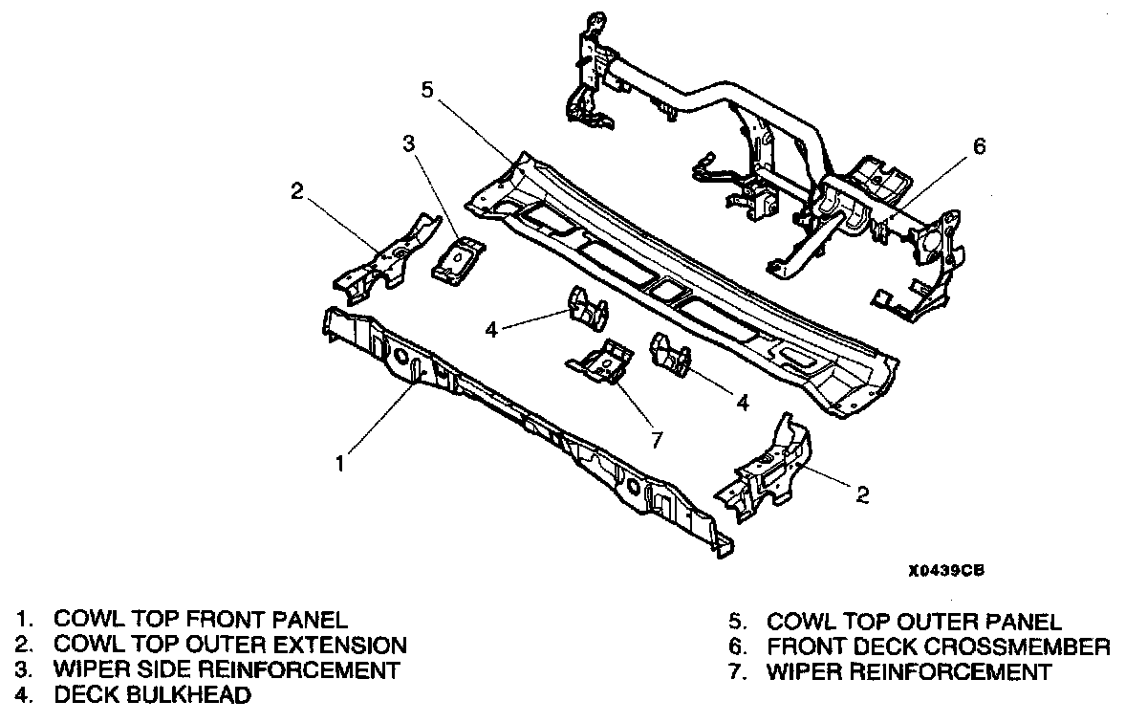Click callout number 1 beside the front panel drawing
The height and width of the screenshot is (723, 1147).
[x=338, y=464]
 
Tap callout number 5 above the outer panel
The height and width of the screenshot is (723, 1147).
[x=427, y=90]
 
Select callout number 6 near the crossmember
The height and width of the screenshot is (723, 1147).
[x=978, y=146]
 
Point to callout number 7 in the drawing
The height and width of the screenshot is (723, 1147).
[x=656, y=438]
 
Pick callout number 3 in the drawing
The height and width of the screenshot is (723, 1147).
[x=408, y=144]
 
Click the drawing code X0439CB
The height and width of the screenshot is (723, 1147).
[x=946, y=570]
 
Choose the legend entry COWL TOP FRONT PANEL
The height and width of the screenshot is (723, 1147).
[x=201, y=620]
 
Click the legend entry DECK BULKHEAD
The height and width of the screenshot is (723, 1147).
[x=153, y=695]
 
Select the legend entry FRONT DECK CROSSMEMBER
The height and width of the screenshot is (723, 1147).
[x=938, y=646]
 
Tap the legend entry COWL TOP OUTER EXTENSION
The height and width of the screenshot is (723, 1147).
[x=230, y=646]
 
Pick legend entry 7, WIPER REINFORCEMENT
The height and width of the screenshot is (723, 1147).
[x=908, y=671]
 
